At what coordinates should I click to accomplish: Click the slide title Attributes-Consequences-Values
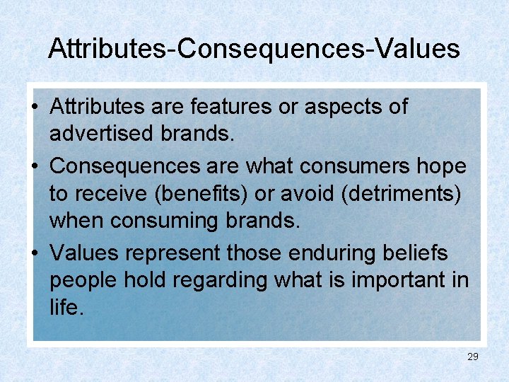tap(254, 49)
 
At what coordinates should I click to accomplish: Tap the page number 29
tap(473, 357)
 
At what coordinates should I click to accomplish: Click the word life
tap(66, 308)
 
